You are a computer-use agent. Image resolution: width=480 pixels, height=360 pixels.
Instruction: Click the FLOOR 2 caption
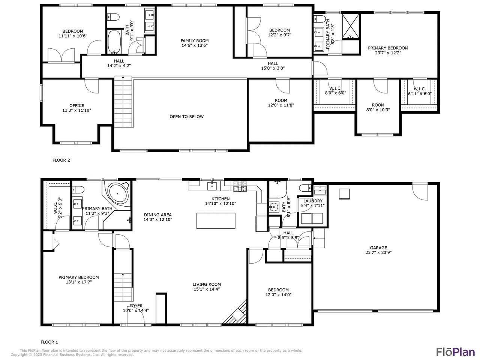[x=61, y=160]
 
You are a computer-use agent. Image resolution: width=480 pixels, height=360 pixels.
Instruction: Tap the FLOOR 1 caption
[x=49, y=342]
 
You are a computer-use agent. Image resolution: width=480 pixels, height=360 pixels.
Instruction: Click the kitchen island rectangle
[x=216, y=221]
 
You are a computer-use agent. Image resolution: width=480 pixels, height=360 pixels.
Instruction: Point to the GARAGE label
[x=378, y=247]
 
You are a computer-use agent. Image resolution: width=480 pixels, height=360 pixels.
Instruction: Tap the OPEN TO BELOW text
[x=186, y=117]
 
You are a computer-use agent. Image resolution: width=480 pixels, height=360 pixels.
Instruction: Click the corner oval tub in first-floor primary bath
[x=118, y=193]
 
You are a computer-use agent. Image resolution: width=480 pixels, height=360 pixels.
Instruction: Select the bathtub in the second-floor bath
[x=114, y=42]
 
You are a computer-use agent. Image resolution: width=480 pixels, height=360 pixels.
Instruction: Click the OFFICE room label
[x=77, y=106]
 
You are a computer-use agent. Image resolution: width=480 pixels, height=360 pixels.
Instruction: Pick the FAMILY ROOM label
[x=194, y=40]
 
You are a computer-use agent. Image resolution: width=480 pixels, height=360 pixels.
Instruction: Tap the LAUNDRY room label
[x=313, y=201]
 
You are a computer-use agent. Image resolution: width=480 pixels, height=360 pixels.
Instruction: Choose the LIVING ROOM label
[x=207, y=284]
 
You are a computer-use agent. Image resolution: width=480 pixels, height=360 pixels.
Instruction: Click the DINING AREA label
[x=157, y=215]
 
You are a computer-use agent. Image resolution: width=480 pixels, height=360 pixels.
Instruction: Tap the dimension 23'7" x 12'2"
[x=388, y=52]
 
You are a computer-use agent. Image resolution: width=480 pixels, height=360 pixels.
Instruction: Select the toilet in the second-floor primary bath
[x=319, y=19]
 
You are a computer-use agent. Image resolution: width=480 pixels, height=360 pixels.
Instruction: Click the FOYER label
[x=136, y=306]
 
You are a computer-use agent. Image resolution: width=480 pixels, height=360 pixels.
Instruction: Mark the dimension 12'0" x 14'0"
[x=278, y=295]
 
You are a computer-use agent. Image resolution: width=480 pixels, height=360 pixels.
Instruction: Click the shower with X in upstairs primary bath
[x=351, y=26]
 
